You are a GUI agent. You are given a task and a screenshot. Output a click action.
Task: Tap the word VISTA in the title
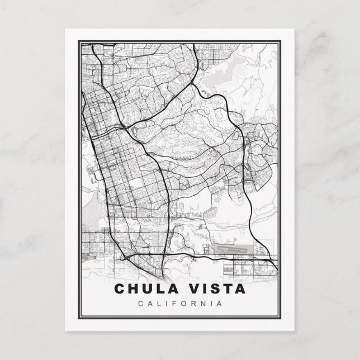click(x=214, y=290)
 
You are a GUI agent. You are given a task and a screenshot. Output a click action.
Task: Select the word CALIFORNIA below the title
click(x=179, y=304)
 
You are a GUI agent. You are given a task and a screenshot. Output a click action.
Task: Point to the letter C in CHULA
click(x=119, y=290)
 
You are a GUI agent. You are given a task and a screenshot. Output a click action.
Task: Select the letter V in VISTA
click(x=189, y=290)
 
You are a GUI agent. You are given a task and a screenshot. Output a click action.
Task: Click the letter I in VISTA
click(x=200, y=290)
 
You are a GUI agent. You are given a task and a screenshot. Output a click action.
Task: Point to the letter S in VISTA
click(x=209, y=290)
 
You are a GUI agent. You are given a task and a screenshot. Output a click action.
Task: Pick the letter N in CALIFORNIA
click(x=203, y=304)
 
